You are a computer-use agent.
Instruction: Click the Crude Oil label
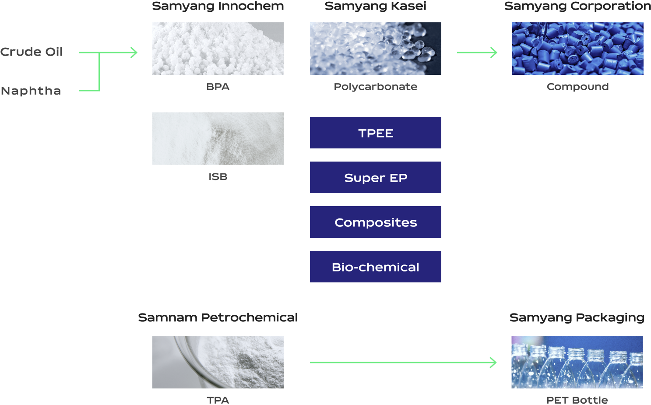point(32,52)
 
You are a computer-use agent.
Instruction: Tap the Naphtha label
point(31,91)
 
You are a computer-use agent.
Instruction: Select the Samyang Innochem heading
point(218,6)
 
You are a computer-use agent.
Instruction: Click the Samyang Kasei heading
point(376,6)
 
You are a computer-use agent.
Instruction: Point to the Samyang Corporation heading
point(577,6)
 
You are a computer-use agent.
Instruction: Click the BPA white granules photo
point(218,49)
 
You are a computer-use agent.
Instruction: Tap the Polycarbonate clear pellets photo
point(376,49)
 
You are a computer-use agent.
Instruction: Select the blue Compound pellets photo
point(578,49)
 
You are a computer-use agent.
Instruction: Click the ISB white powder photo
point(218,138)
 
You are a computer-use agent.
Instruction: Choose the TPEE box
point(376,133)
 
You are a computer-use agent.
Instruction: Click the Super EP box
point(376,177)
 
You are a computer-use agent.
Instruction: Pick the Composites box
point(376,222)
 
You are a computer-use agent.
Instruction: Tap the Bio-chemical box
point(376,267)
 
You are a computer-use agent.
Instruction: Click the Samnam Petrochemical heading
point(218,317)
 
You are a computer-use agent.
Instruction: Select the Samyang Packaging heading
point(577,318)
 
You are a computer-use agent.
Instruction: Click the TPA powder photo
point(218,362)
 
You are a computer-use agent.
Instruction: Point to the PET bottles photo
point(577,362)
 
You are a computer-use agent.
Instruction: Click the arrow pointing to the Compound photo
point(477,53)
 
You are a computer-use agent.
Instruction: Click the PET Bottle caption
point(577,400)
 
